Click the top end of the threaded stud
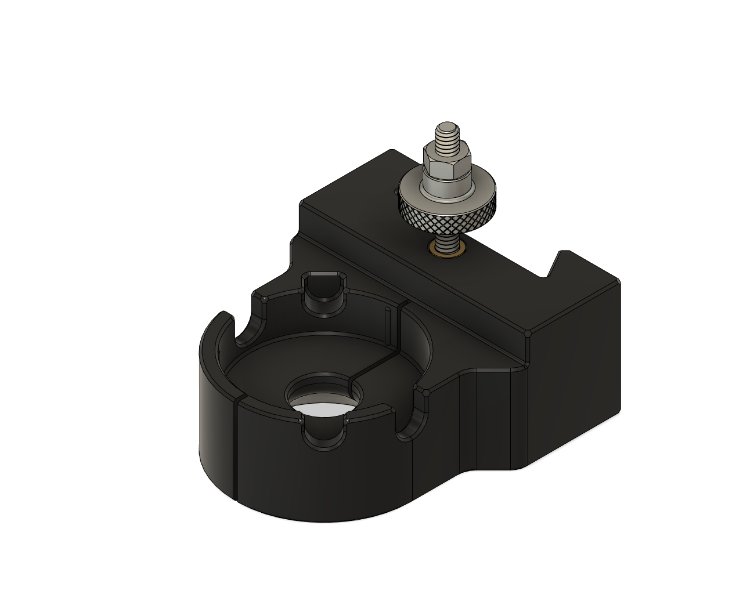(447, 126)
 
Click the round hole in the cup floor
(322, 394)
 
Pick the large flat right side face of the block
(575, 371)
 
